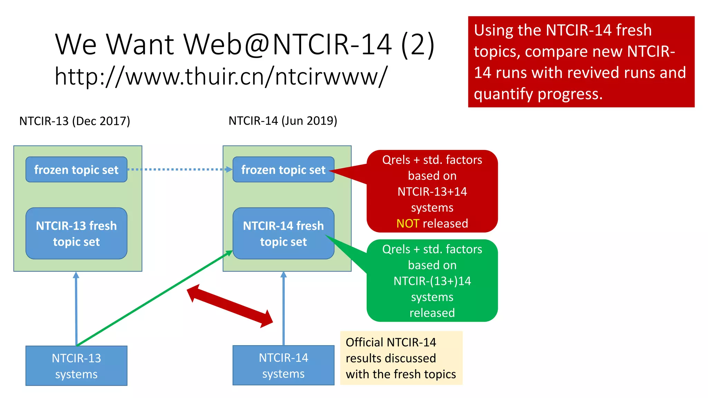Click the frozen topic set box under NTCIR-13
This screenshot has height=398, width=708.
(76, 170)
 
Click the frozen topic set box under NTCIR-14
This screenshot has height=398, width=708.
(283, 170)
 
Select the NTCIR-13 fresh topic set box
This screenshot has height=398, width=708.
(76, 234)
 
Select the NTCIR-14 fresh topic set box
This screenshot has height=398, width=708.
(283, 234)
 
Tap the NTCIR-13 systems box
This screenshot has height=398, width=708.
(76, 366)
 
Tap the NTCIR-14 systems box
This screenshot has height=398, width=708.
(283, 366)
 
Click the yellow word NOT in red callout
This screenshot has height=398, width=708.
(408, 224)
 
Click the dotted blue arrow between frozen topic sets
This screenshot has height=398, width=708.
(176, 170)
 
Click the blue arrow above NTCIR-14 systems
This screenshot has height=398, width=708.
(283, 307)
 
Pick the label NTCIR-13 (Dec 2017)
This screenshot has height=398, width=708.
(75, 121)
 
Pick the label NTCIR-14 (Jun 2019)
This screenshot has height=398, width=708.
(283, 121)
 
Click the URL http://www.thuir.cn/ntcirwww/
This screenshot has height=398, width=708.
(221, 77)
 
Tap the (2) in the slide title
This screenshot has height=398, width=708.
(417, 44)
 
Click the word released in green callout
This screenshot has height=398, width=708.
(432, 313)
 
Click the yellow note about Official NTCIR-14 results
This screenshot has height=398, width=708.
(401, 358)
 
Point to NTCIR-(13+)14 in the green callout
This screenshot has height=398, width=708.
(432, 281)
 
